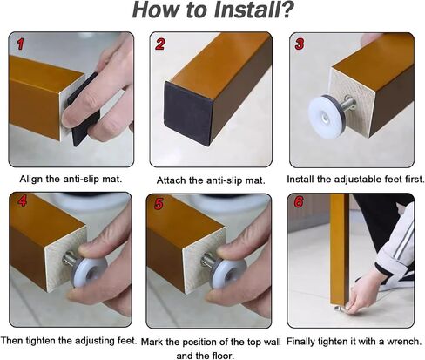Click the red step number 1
[x=20, y=44]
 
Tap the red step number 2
[x=160, y=44]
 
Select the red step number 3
[x=300, y=44]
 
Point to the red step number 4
[x=23, y=201]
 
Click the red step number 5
[x=159, y=204]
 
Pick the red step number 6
[x=299, y=202]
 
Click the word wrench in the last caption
[x=404, y=341]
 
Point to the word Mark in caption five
[x=151, y=342]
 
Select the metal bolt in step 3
[x=347, y=104]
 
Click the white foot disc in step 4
[x=89, y=272]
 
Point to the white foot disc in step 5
[x=227, y=273]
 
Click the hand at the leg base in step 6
[x=365, y=294]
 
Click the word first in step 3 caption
[x=415, y=180]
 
